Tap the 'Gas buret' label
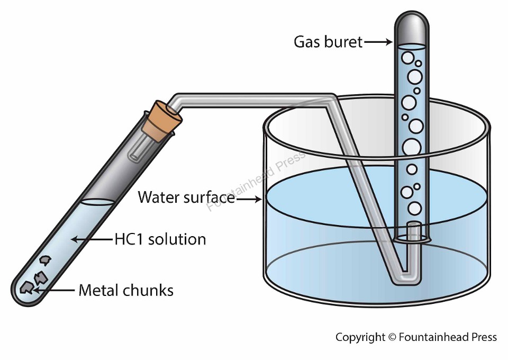(x=328, y=42)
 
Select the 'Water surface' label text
(x=186, y=197)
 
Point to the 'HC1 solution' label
(x=160, y=239)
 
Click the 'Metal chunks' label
(x=126, y=290)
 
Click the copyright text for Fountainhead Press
(x=416, y=337)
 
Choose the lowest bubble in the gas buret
(x=415, y=209)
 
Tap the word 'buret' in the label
(x=345, y=42)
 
